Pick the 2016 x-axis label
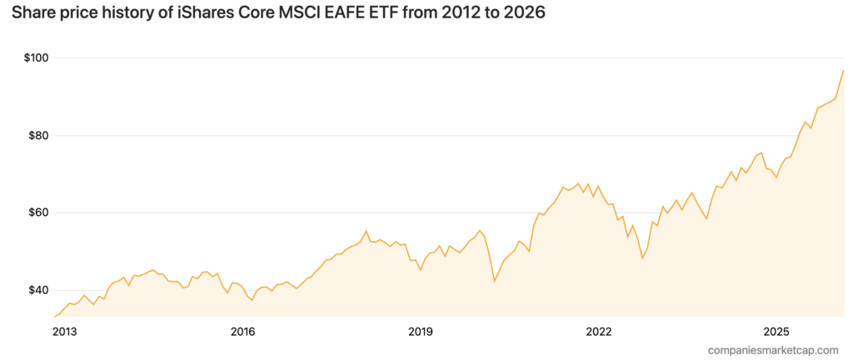point(242,332)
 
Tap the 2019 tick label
point(421,332)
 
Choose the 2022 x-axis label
point(599,332)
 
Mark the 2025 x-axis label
point(776,332)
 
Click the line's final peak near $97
point(843,70)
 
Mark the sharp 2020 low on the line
point(495,281)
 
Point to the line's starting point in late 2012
point(55,317)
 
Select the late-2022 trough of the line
point(642,258)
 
